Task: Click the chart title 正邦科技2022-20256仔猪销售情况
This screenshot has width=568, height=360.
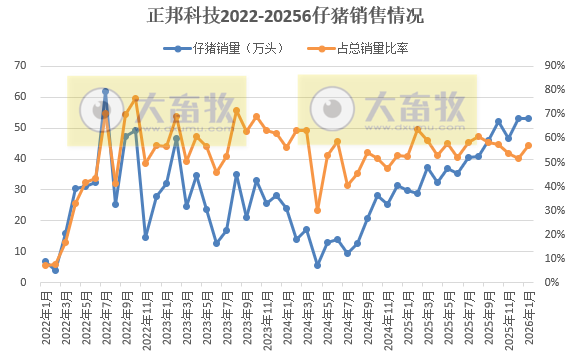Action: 284,15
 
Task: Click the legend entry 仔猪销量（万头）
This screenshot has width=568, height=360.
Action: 224,47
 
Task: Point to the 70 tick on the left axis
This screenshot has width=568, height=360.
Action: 20,66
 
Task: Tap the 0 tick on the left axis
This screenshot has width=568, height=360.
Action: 23,283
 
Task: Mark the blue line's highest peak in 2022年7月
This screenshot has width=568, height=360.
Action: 105,91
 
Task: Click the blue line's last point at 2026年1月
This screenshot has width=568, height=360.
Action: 528,118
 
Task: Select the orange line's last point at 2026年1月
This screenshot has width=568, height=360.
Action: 528,146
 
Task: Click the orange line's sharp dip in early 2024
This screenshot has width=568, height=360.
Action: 317,210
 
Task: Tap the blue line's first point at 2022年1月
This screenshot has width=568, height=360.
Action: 45,262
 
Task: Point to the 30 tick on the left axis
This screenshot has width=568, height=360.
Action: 20,190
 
